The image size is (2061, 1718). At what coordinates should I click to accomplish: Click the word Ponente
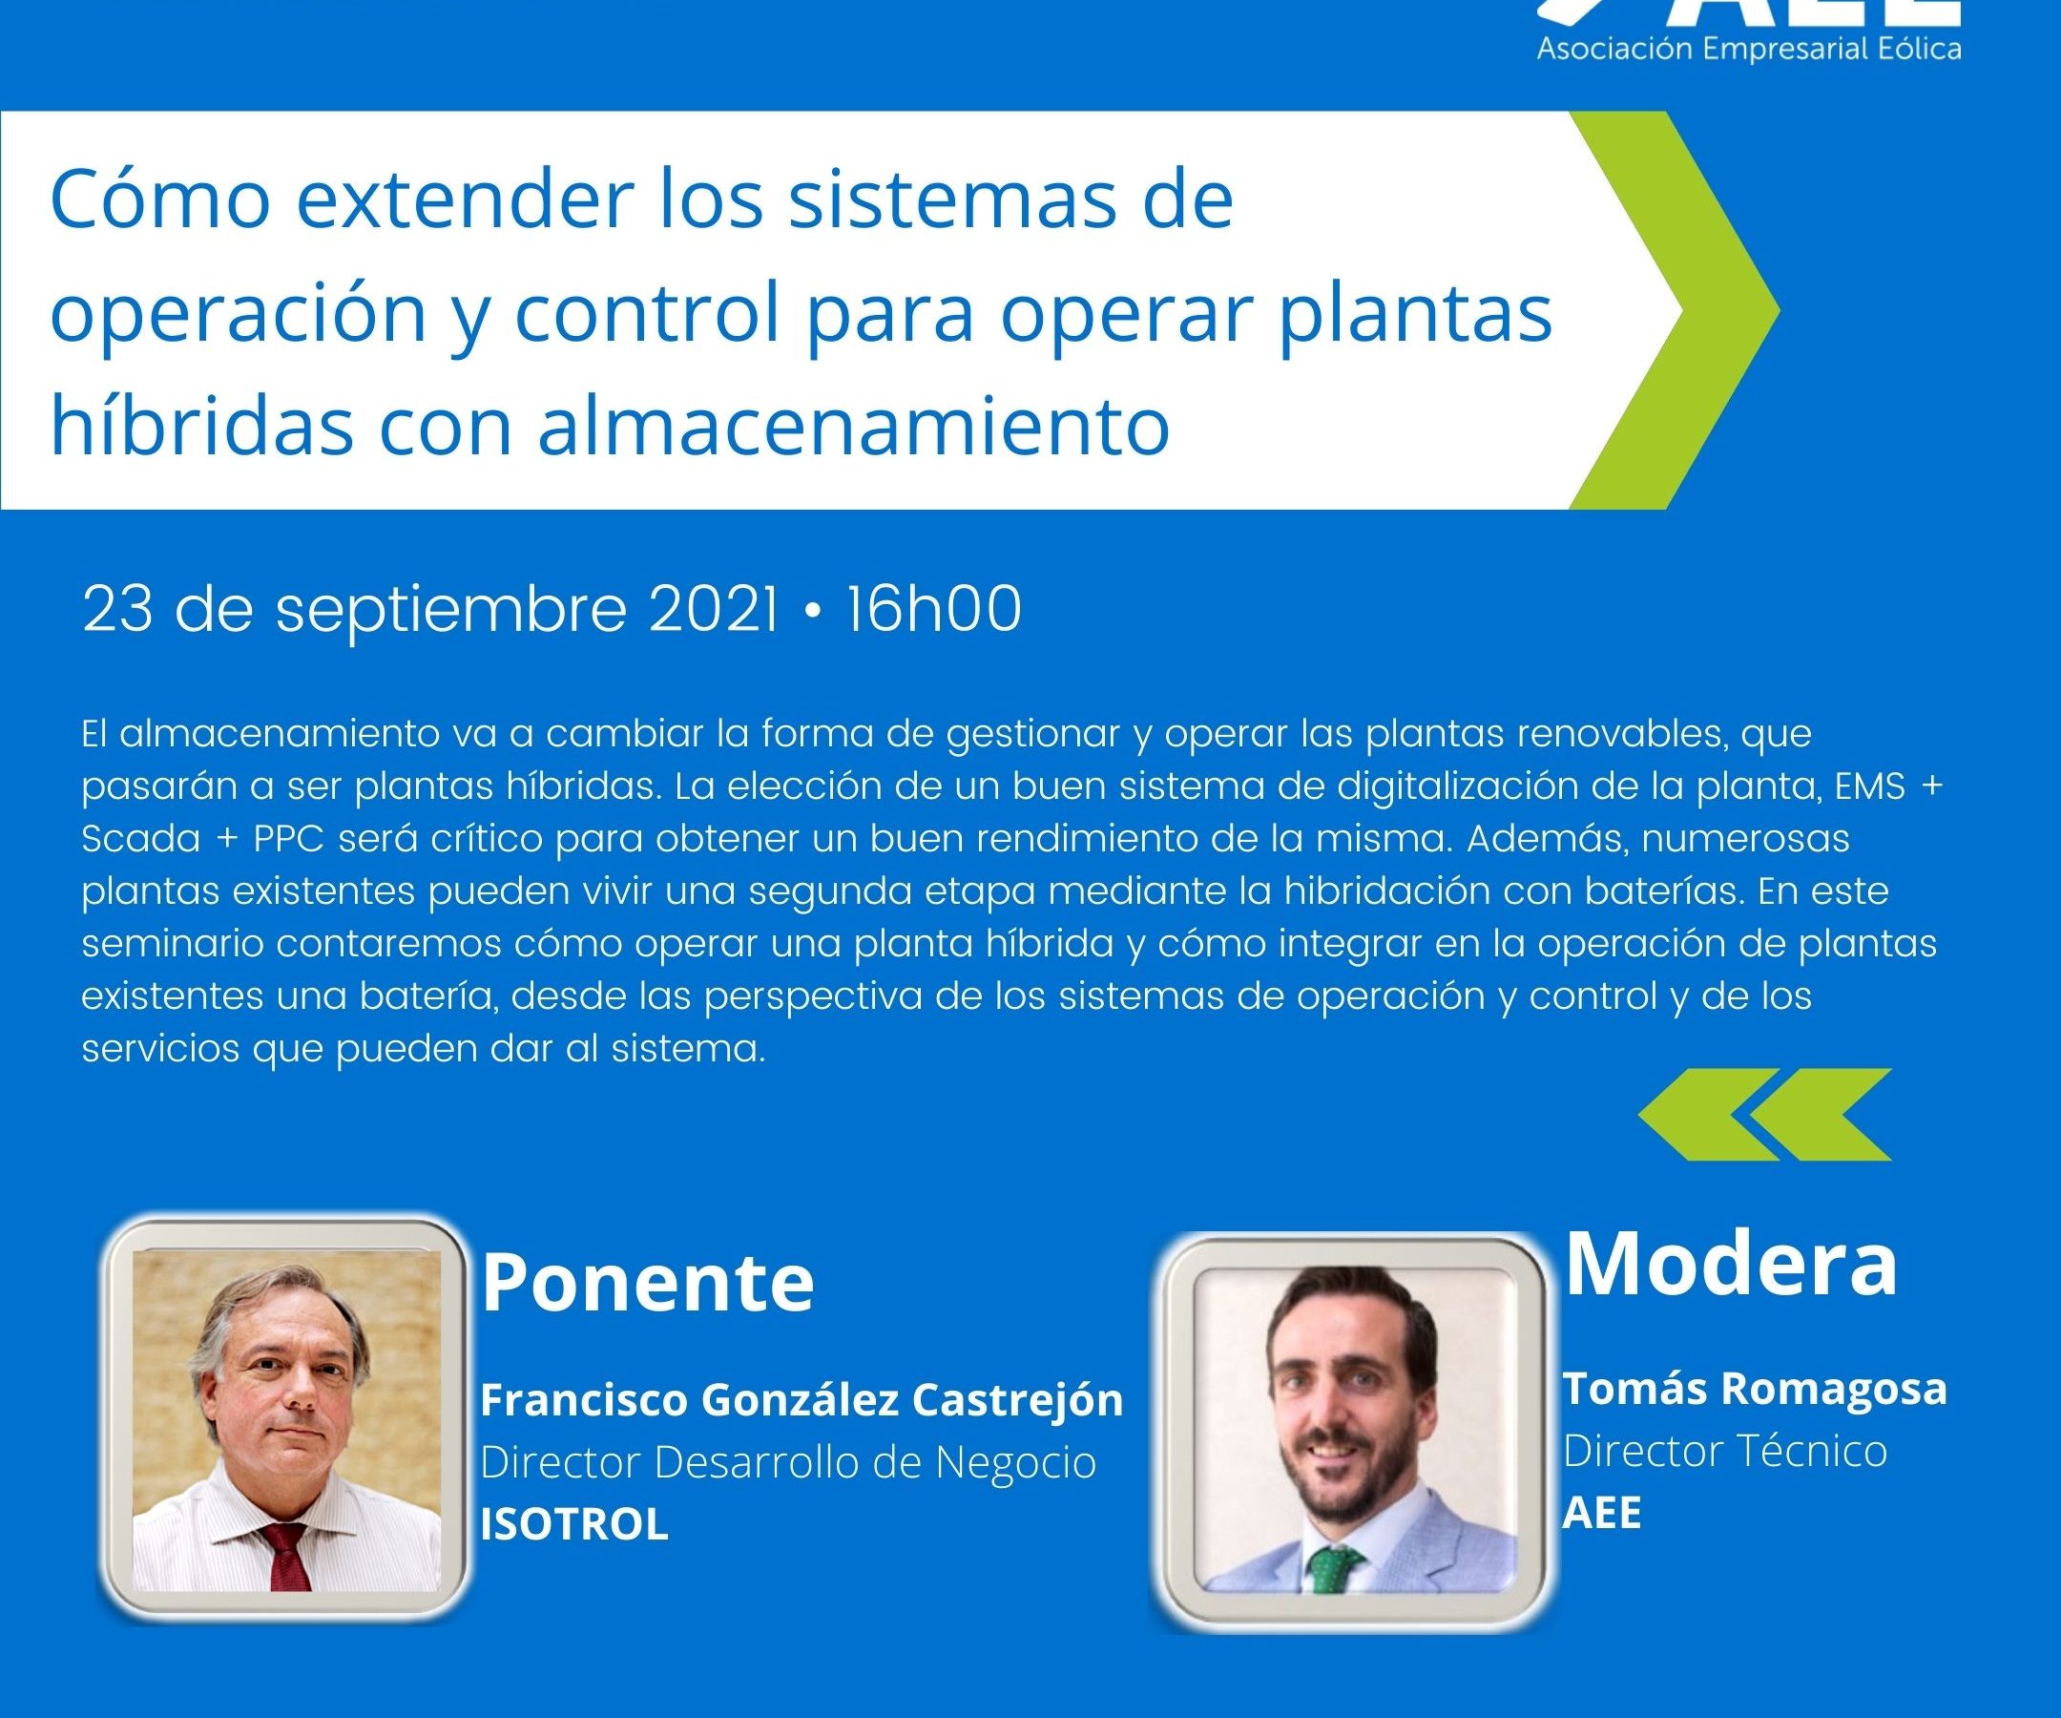tap(647, 1283)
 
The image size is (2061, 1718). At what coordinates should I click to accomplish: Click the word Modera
tap(1730, 1265)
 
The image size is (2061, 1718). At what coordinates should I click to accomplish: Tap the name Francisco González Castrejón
tap(801, 1401)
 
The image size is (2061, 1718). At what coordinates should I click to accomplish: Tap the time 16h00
tap(933, 609)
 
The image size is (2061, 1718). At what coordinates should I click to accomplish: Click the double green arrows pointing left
tap(1764, 1115)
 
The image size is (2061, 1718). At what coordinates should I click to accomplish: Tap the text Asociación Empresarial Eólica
tap(1749, 49)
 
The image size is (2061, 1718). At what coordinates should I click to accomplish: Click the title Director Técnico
tap(1725, 1451)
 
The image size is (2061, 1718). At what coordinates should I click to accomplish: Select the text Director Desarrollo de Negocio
tap(788, 1463)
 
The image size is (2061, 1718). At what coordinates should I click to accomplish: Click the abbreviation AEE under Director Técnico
tap(1602, 1513)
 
